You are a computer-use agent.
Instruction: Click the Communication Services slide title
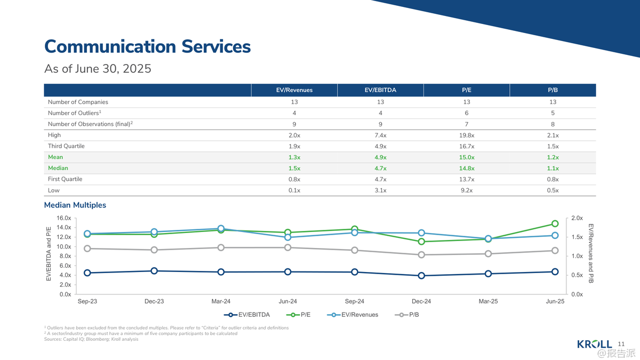click(147, 46)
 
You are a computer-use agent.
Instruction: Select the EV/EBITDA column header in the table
click(380, 90)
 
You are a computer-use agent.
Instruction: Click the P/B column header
click(553, 90)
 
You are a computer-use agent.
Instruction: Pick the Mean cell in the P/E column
click(467, 157)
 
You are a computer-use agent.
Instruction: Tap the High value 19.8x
click(467, 135)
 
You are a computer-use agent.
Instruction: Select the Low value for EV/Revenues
click(294, 190)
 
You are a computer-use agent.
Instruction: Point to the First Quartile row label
click(65, 179)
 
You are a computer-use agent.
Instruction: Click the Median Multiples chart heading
click(75, 205)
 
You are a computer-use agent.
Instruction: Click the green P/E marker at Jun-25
click(555, 223)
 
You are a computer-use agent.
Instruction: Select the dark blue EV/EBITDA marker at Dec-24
click(421, 276)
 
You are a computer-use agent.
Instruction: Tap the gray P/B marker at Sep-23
click(87, 249)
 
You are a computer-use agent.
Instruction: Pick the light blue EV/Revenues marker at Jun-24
click(287, 237)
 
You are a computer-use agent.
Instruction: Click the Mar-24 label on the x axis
click(221, 301)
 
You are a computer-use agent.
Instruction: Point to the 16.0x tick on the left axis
click(64, 218)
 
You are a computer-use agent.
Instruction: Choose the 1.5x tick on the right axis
click(577, 237)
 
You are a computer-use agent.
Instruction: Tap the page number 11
click(621, 343)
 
